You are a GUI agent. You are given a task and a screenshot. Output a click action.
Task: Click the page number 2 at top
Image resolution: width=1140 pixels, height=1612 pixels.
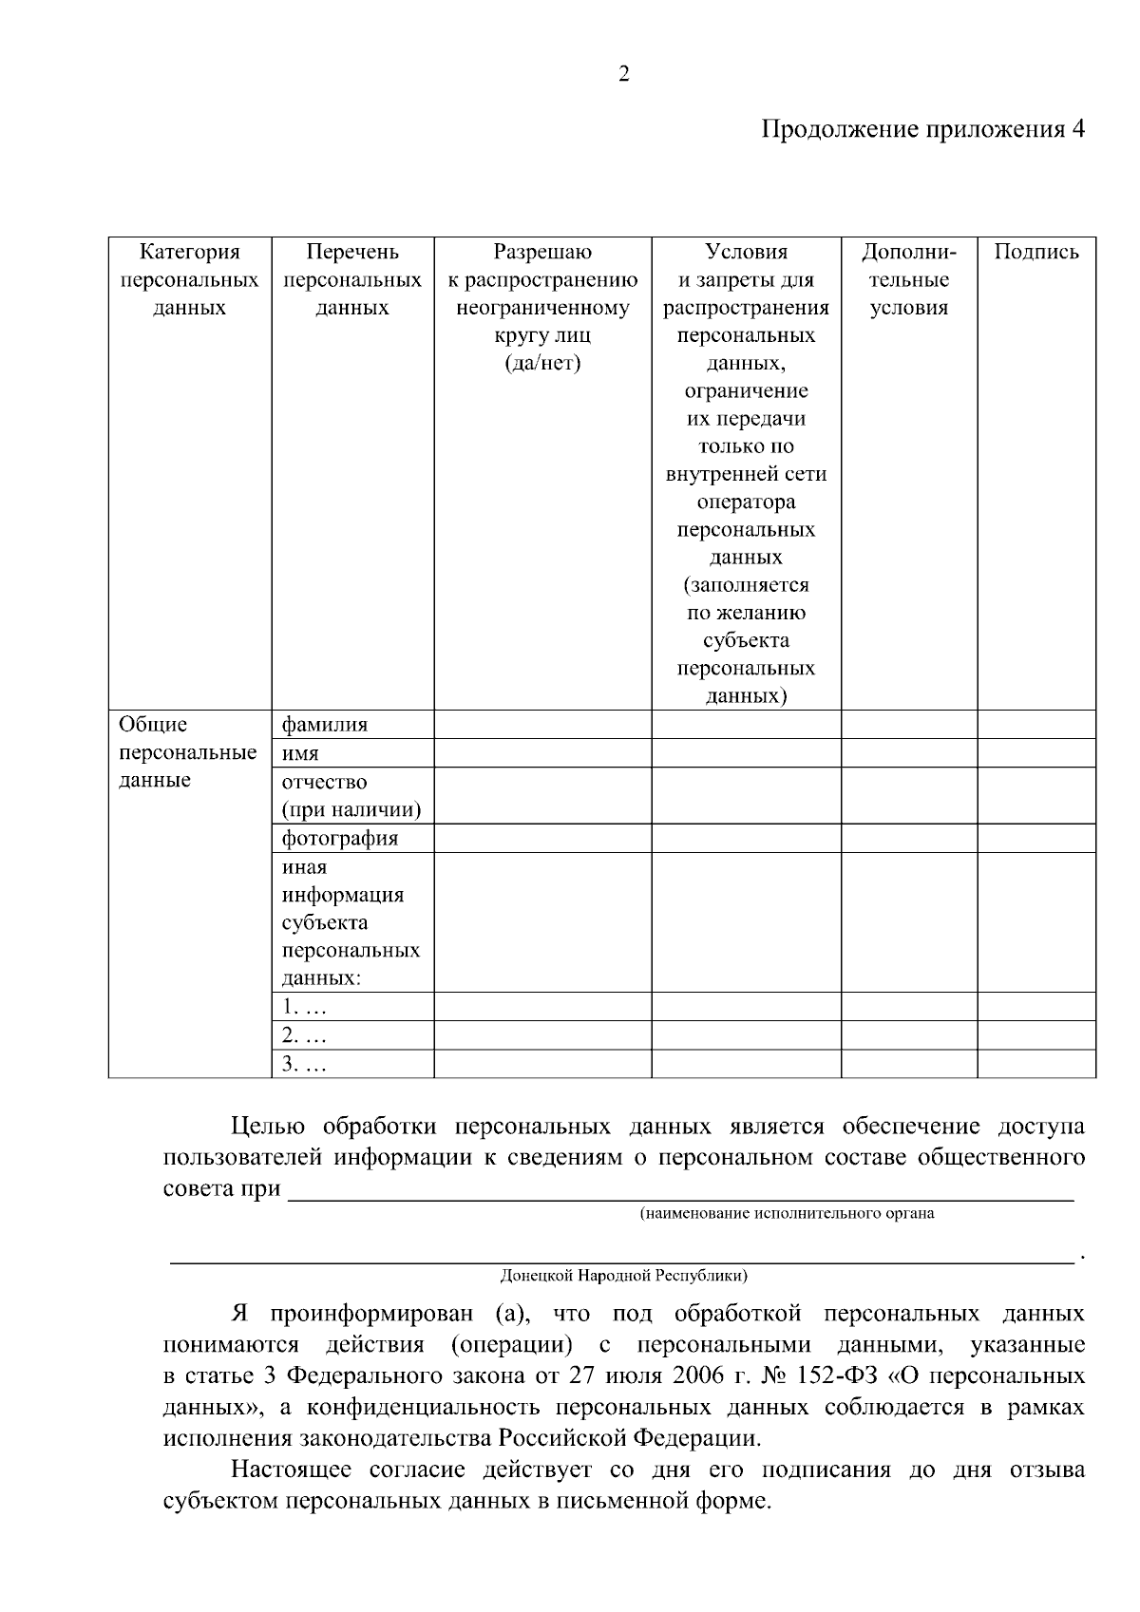point(623,74)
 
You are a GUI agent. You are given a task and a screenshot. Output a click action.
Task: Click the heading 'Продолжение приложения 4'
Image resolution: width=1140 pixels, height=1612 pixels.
point(922,129)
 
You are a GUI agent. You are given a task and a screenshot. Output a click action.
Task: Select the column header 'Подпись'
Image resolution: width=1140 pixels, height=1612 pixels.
point(1036,252)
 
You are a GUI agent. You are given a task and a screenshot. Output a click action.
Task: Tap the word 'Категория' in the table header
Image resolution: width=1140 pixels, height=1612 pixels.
point(189,252)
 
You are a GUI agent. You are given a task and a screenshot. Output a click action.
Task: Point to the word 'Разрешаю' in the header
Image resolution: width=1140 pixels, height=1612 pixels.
point(542,252)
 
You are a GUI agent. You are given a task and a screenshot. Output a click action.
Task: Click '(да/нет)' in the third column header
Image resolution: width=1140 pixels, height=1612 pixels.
point(542,363)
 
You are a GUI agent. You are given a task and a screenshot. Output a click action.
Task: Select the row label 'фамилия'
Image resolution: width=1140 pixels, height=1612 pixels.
point(325,725)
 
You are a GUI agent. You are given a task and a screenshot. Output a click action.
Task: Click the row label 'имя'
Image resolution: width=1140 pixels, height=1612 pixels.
point(300,754)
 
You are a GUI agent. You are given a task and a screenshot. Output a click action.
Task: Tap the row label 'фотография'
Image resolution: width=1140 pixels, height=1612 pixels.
point(339,838)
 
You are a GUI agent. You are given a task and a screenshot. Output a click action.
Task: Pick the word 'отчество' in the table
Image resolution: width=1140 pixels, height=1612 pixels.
point(324,782)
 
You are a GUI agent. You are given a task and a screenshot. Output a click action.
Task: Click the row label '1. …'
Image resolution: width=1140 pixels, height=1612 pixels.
point(303,1007)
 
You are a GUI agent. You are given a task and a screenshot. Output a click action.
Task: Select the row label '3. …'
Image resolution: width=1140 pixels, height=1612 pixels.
point(303,1064)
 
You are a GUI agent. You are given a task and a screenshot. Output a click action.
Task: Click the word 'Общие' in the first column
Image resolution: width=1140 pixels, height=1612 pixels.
point(153,725)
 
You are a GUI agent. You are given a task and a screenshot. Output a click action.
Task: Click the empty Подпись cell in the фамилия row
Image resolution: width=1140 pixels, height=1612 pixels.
point(1036,725)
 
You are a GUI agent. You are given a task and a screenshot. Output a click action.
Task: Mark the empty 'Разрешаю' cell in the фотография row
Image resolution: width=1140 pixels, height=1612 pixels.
point(542,838)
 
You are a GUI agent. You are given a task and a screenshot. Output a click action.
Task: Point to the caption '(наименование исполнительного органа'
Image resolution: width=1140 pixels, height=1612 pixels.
point(787,1213)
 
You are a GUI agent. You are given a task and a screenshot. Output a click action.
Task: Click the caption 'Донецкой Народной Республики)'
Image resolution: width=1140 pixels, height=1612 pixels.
point(623,1275)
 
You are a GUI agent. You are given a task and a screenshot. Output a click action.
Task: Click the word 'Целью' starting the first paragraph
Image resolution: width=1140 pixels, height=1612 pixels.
point(268,1127)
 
